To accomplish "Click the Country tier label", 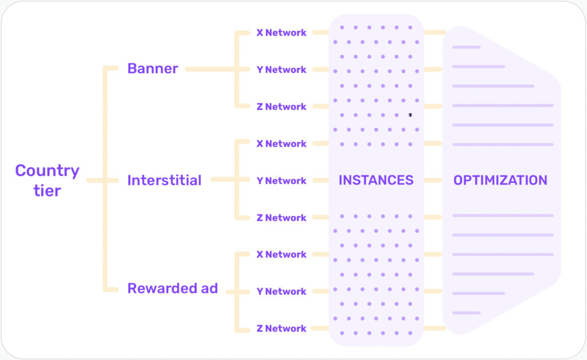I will click(x=47, y=180).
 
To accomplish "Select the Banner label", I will click(x=152, y=69).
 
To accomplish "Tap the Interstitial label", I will click(x=164, y=181).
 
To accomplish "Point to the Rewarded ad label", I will click(x=172, y=288).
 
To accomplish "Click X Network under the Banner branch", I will click(x=281, y=33).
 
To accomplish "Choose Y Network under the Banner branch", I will click(x=281, y=70).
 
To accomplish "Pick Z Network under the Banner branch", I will click(x=281, y=107).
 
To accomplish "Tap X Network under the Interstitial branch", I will click(x=281, y=144).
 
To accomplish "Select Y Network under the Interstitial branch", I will click(x=281, y=181).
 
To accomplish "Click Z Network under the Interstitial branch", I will click(x=281, y=218).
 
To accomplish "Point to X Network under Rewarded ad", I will click(x=281, y=255).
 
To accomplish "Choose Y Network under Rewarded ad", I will click(x=281, y=291).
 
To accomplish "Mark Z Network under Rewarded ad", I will click(x=281, y=328).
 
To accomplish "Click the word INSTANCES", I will click(x=375, y=181).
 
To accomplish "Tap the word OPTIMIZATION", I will click(x=500, y=181).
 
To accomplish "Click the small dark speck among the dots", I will click(x=410, y=115).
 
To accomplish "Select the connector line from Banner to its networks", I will click(x=209, y=69).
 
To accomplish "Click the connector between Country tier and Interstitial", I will click(x=106, y=181).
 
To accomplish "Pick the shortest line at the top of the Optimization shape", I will click(x=466, y=47).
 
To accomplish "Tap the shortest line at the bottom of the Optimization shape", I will click(x=466, y=313).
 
